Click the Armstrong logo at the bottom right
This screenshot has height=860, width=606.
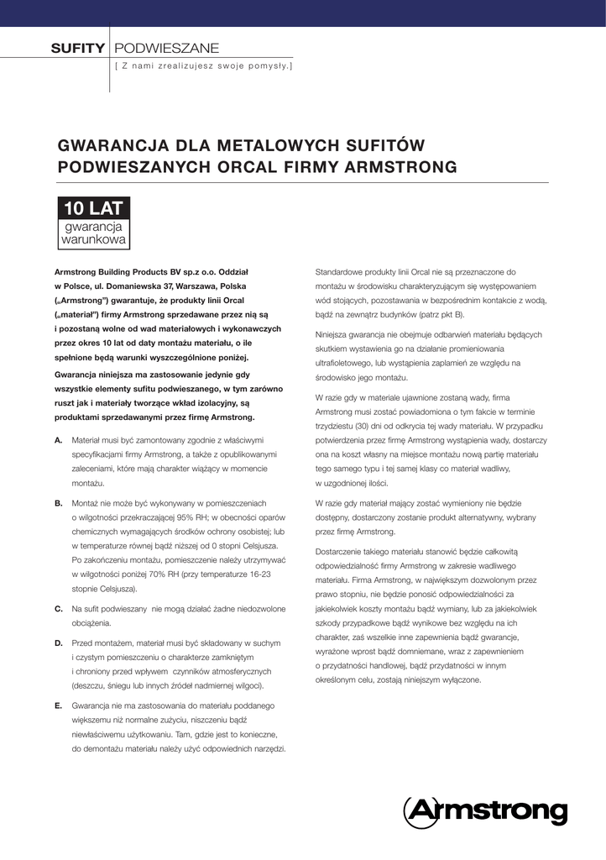[485, 810]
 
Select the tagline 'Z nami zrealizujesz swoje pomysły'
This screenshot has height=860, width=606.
[204, 65]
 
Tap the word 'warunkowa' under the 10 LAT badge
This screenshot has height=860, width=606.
[94, 239]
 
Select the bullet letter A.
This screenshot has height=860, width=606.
[58, 440]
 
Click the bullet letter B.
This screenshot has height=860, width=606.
[58, 503]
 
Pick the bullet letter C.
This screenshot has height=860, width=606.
[58, 607]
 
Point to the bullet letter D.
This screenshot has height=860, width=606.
[58, 642]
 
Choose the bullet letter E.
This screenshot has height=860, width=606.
[58, 705]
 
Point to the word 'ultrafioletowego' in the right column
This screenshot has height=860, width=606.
[347, 363]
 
